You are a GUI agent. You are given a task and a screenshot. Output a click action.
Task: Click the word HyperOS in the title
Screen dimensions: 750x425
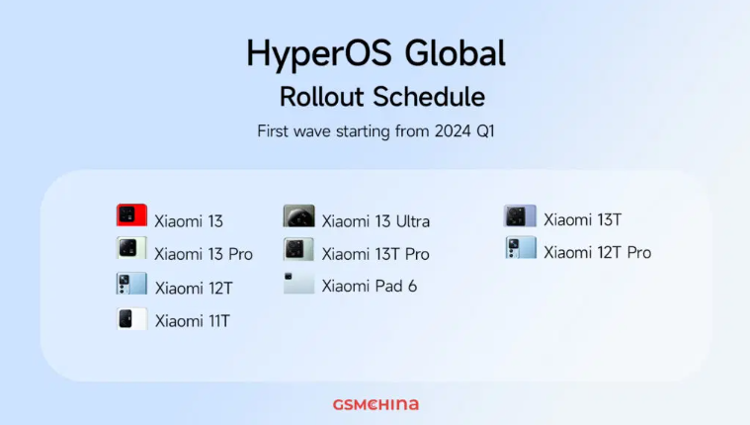(x=319, y=54)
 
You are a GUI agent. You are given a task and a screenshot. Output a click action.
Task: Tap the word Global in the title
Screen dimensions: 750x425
(x=455, y=52)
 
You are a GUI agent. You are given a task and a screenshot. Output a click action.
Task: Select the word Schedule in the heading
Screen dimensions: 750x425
(x=429, y=97)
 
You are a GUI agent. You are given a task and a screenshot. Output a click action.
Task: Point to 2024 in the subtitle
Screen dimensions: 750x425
(x=453, y=131)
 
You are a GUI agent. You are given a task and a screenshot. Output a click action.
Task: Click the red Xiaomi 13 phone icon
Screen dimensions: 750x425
(x=131, y=214)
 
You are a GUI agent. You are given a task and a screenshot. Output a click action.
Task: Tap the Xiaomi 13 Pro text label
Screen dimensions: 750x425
(x=204, y=254)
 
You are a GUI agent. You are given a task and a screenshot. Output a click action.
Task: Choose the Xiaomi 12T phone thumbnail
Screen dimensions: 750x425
(x=131, y=284)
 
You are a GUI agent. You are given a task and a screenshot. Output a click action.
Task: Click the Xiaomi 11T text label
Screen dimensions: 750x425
(x=193, y=320)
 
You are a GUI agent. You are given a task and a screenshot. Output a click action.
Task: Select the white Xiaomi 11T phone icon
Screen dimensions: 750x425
(x=132, y=318)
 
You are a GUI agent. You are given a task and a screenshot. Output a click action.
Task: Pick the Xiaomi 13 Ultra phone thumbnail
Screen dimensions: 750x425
(x=299, y=215)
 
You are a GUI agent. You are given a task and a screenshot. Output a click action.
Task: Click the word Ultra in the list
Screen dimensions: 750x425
(x=413, y=221)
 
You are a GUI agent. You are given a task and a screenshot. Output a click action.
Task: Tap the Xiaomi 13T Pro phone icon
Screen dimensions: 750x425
(x=298, y=249)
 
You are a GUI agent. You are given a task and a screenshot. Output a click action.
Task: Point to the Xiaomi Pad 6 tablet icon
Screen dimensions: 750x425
(x=299, y=283)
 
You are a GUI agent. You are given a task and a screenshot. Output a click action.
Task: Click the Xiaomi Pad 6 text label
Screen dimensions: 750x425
(x=370, y=287)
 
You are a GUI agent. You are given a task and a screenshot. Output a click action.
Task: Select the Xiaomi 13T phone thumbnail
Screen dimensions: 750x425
(x=520, y=215)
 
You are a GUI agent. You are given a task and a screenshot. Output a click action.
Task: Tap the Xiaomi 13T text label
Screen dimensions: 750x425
(x=583, y=219)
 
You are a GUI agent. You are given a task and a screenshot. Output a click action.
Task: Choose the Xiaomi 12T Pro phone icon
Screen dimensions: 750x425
(x=521, y=247)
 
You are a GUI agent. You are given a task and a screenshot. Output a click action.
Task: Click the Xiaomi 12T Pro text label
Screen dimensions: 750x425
(x=598, y=252)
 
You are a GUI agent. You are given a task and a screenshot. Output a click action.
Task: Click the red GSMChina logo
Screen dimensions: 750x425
(x=375, y=405)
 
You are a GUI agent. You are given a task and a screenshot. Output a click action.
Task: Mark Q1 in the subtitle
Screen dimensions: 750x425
(x=485, y=131)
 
